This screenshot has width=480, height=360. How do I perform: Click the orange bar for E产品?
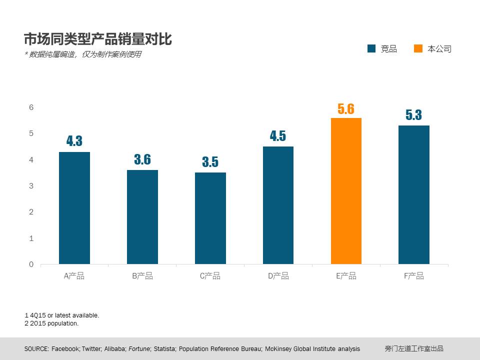[x=346, y=191]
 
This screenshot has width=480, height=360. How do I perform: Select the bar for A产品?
[x=74, y=208]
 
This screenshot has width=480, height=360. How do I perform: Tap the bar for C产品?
[x=210, y=218]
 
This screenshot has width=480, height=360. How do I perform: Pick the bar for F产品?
[x=414, y=195]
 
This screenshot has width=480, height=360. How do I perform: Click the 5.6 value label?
[x=346, y=109]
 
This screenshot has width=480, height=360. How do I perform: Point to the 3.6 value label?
[x=142, y=160]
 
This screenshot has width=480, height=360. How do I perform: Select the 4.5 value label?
[x=278, y=136]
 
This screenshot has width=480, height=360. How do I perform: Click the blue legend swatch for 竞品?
[x=371, y=48]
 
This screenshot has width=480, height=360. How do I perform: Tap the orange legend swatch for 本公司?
[x=418, y=48]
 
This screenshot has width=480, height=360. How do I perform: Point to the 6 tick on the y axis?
[x=31, y=107]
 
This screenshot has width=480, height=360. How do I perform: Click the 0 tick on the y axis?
[x=31, y=264]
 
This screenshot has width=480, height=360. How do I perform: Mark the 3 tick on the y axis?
[x=31, y=185]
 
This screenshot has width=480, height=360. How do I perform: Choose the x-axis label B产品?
[x=142, y=276]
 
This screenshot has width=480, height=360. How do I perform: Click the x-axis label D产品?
[x=278, y=276]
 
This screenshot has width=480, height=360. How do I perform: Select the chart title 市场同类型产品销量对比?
[x=98, y=39]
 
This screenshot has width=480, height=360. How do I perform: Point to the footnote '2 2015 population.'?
[x=51, y=323]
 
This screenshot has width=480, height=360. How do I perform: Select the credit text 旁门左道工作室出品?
[x=414, y=349]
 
